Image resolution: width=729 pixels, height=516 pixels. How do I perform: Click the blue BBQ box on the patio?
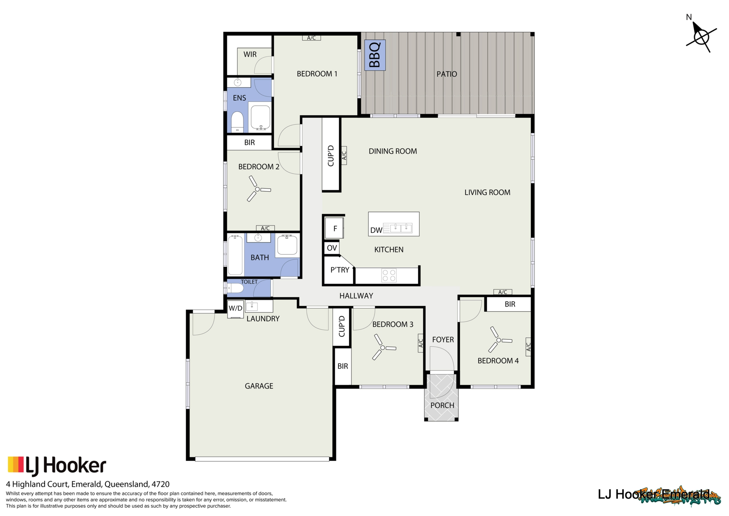coord(375,55)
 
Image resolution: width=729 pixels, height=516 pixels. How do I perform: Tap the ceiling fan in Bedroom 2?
coord(257,189)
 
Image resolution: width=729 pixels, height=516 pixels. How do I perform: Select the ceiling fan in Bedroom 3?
coord(383,348)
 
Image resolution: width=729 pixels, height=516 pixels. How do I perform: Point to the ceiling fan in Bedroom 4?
coord(499,340)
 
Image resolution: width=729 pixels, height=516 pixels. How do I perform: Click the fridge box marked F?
coord(335,229)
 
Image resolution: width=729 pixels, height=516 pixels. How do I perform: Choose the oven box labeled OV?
coord(331,248)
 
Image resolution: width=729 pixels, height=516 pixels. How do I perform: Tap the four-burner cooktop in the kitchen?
coord(389,276)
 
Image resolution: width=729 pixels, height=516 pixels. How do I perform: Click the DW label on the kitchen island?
coord(376,230)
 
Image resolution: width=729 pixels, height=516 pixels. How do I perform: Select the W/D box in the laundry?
coord(235,309)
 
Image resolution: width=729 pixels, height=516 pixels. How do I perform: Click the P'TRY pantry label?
coord(339,270)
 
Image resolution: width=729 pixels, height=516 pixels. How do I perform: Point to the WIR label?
coord(250,54)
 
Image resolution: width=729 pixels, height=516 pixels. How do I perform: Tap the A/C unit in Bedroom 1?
coord(311,38)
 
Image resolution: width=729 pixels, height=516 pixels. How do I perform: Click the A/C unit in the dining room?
coord(344,156)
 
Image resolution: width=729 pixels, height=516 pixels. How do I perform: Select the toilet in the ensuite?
coord(237,122)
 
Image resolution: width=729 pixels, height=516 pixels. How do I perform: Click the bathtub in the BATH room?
coord(235,255)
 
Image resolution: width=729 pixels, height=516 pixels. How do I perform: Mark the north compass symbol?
coord(701,37)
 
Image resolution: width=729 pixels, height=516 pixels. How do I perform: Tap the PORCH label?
coord(442,405)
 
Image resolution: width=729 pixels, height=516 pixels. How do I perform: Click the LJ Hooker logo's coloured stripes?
coord(16,464)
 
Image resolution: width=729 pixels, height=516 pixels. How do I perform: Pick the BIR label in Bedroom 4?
coord(510,304)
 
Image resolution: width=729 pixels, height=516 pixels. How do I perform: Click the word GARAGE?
coord(259,386)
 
